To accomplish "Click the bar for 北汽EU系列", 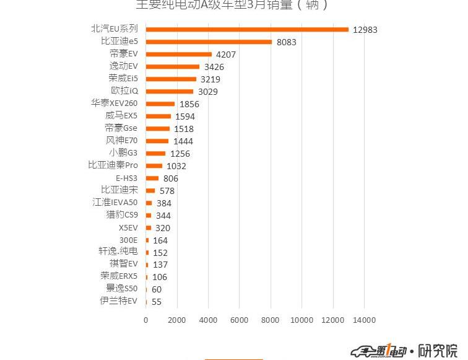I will pos(248,29).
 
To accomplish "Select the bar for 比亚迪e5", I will pos(209,42).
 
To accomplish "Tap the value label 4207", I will pos(225,55).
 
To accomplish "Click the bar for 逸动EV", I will pos(173,66).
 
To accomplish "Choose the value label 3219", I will pos(210,79).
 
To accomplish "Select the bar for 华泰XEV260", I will pos(160,103).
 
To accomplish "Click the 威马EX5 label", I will pos(121,116).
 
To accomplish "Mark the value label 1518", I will pos(183,129).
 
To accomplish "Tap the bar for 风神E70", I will pos(157,141).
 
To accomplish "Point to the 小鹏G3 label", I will pos(123,153).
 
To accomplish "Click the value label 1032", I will pos(176,166).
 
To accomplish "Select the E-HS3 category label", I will pos(126,178).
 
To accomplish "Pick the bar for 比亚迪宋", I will pos(150,190).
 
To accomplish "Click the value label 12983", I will pos(365,30).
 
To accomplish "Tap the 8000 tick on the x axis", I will pos(271,320).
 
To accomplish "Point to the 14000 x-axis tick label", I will pos(364,320).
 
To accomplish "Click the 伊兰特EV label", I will pos(119,301).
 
